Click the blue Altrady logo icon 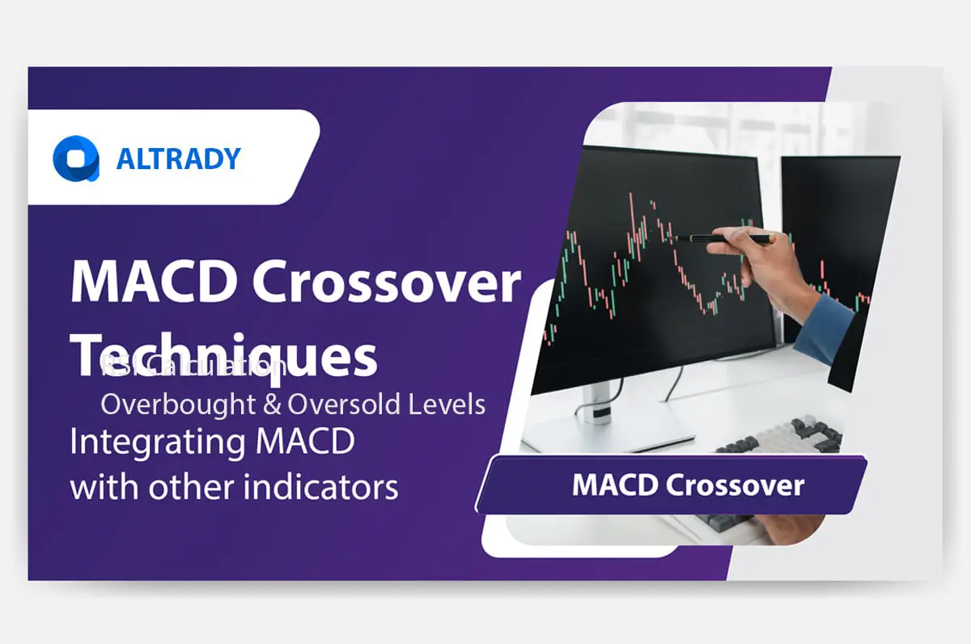click(x=75, y=158)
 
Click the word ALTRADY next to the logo click(x=178, y=159)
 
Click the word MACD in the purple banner click(x=614, y=485)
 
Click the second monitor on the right click(x=842, y=243)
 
